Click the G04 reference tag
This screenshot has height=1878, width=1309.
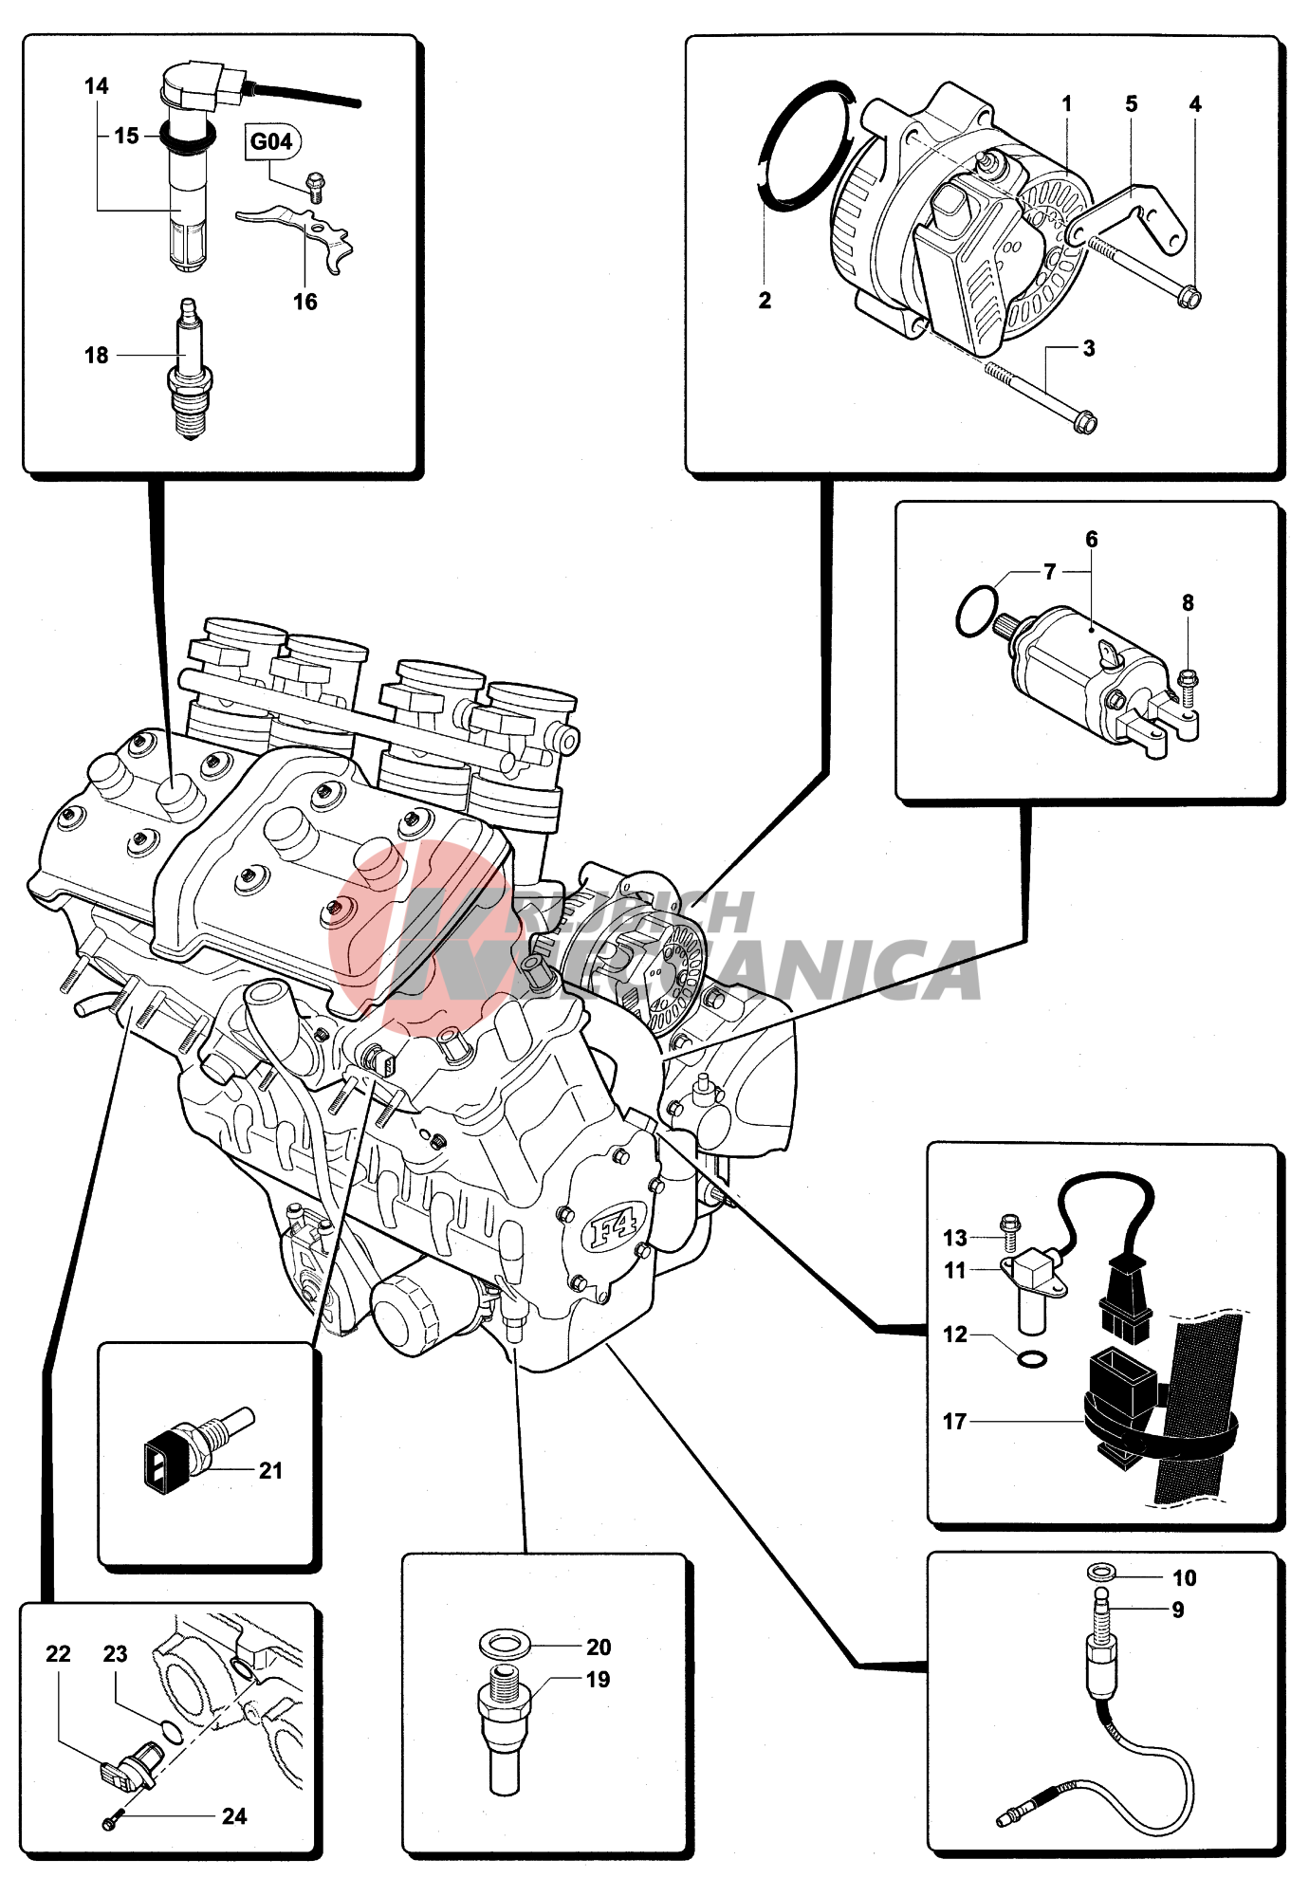point(271,141)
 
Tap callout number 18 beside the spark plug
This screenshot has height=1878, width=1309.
point(96,356)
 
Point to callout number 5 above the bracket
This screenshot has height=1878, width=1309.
point(1131,104)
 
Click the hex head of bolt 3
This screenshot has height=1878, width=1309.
point(1086,422)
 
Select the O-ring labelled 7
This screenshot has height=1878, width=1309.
point(976,612)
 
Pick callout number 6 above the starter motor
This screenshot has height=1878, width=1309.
point(1092,540)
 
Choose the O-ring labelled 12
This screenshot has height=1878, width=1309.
point(1032,1359)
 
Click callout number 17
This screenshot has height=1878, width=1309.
point(954,1421)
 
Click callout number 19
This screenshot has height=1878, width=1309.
point(598,1680)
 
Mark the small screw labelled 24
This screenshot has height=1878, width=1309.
point(110,1822)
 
